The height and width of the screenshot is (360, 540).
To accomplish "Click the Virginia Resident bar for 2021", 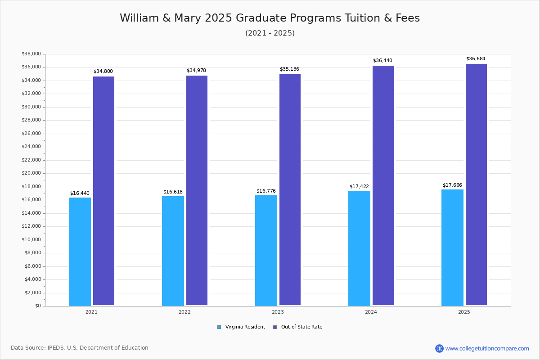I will click(x=80, y=252).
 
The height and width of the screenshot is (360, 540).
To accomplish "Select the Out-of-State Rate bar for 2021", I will click(x=103, y=191).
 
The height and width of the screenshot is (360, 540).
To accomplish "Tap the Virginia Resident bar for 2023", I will click(x=266, y=250).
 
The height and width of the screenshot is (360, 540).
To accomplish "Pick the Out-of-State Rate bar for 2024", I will click(x=383, y=185).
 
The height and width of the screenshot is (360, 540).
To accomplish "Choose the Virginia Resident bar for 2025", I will click(x=452, y=247).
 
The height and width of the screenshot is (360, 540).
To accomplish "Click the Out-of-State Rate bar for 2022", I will click(x=197, y=190).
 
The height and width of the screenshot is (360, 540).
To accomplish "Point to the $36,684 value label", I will click(x=476, y=59).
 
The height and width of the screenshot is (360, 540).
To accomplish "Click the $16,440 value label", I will click(x=80, y=193).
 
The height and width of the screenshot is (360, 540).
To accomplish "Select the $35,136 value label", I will click(x=289, y=69).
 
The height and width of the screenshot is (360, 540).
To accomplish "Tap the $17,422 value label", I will click(x=359, y=187).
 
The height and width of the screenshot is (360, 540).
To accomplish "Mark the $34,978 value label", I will click(x=196, y=71).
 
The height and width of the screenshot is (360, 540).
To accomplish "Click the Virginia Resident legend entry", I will click(x=241, y=327).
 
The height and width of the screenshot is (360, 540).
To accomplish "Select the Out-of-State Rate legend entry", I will click(x=297, y=327).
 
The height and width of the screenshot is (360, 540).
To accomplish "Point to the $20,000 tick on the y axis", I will click(x=31, y=173).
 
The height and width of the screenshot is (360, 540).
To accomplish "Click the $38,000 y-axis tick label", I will click(x=31, y=54).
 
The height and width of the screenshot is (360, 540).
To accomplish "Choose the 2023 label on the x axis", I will click(x=278, y=312).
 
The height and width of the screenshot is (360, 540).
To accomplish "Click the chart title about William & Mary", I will click(x=270, y=18).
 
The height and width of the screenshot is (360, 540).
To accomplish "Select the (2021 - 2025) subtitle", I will click(x=270, y=33).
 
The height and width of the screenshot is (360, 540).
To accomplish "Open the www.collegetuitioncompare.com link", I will click(x=487, y=348).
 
